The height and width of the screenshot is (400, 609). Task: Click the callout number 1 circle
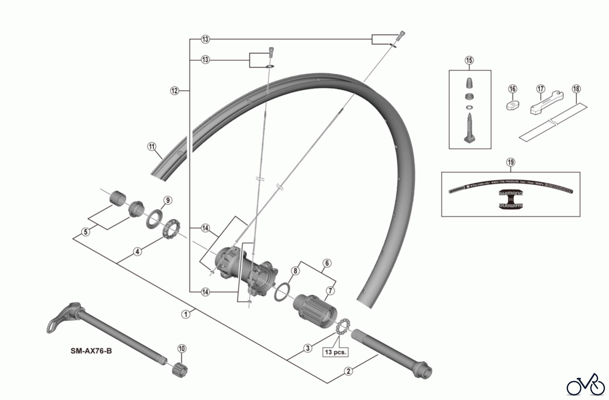click(x=185, y=314)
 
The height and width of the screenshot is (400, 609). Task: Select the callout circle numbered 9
click(x=167, y=200)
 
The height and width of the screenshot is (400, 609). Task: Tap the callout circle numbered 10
click(x=182, y=349)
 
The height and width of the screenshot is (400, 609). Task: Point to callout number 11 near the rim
click(x=152, y=147)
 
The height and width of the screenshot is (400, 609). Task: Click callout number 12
click(x=174, y=91)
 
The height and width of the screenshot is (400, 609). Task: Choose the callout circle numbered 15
click(x=469, y=61)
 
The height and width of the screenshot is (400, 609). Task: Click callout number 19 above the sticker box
click(x=511, y=162)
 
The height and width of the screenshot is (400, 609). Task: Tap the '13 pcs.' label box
click(x=336, y=352)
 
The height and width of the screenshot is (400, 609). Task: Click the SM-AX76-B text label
click(x=91, y=351)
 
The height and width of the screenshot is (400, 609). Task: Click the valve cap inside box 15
click(x=469, y=83)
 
